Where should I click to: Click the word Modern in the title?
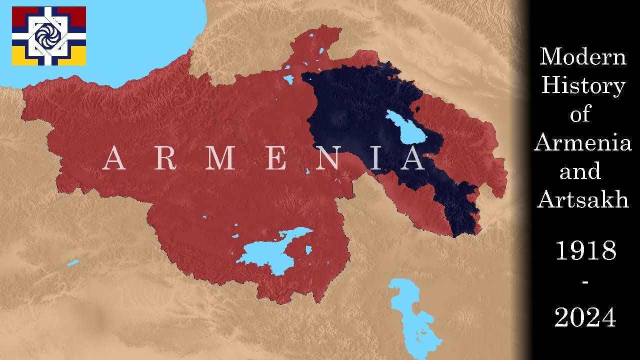[583, 56]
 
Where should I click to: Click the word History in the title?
[583, 86]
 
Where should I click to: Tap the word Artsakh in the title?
[583, 200]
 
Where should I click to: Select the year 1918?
[585, 251]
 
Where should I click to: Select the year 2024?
[585, 317]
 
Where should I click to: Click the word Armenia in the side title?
[583, 143]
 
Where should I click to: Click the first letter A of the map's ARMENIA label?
[114, 158]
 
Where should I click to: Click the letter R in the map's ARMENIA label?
[165, 158]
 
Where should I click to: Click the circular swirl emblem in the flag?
[48, 35]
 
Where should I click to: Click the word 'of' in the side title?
[580, 115]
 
